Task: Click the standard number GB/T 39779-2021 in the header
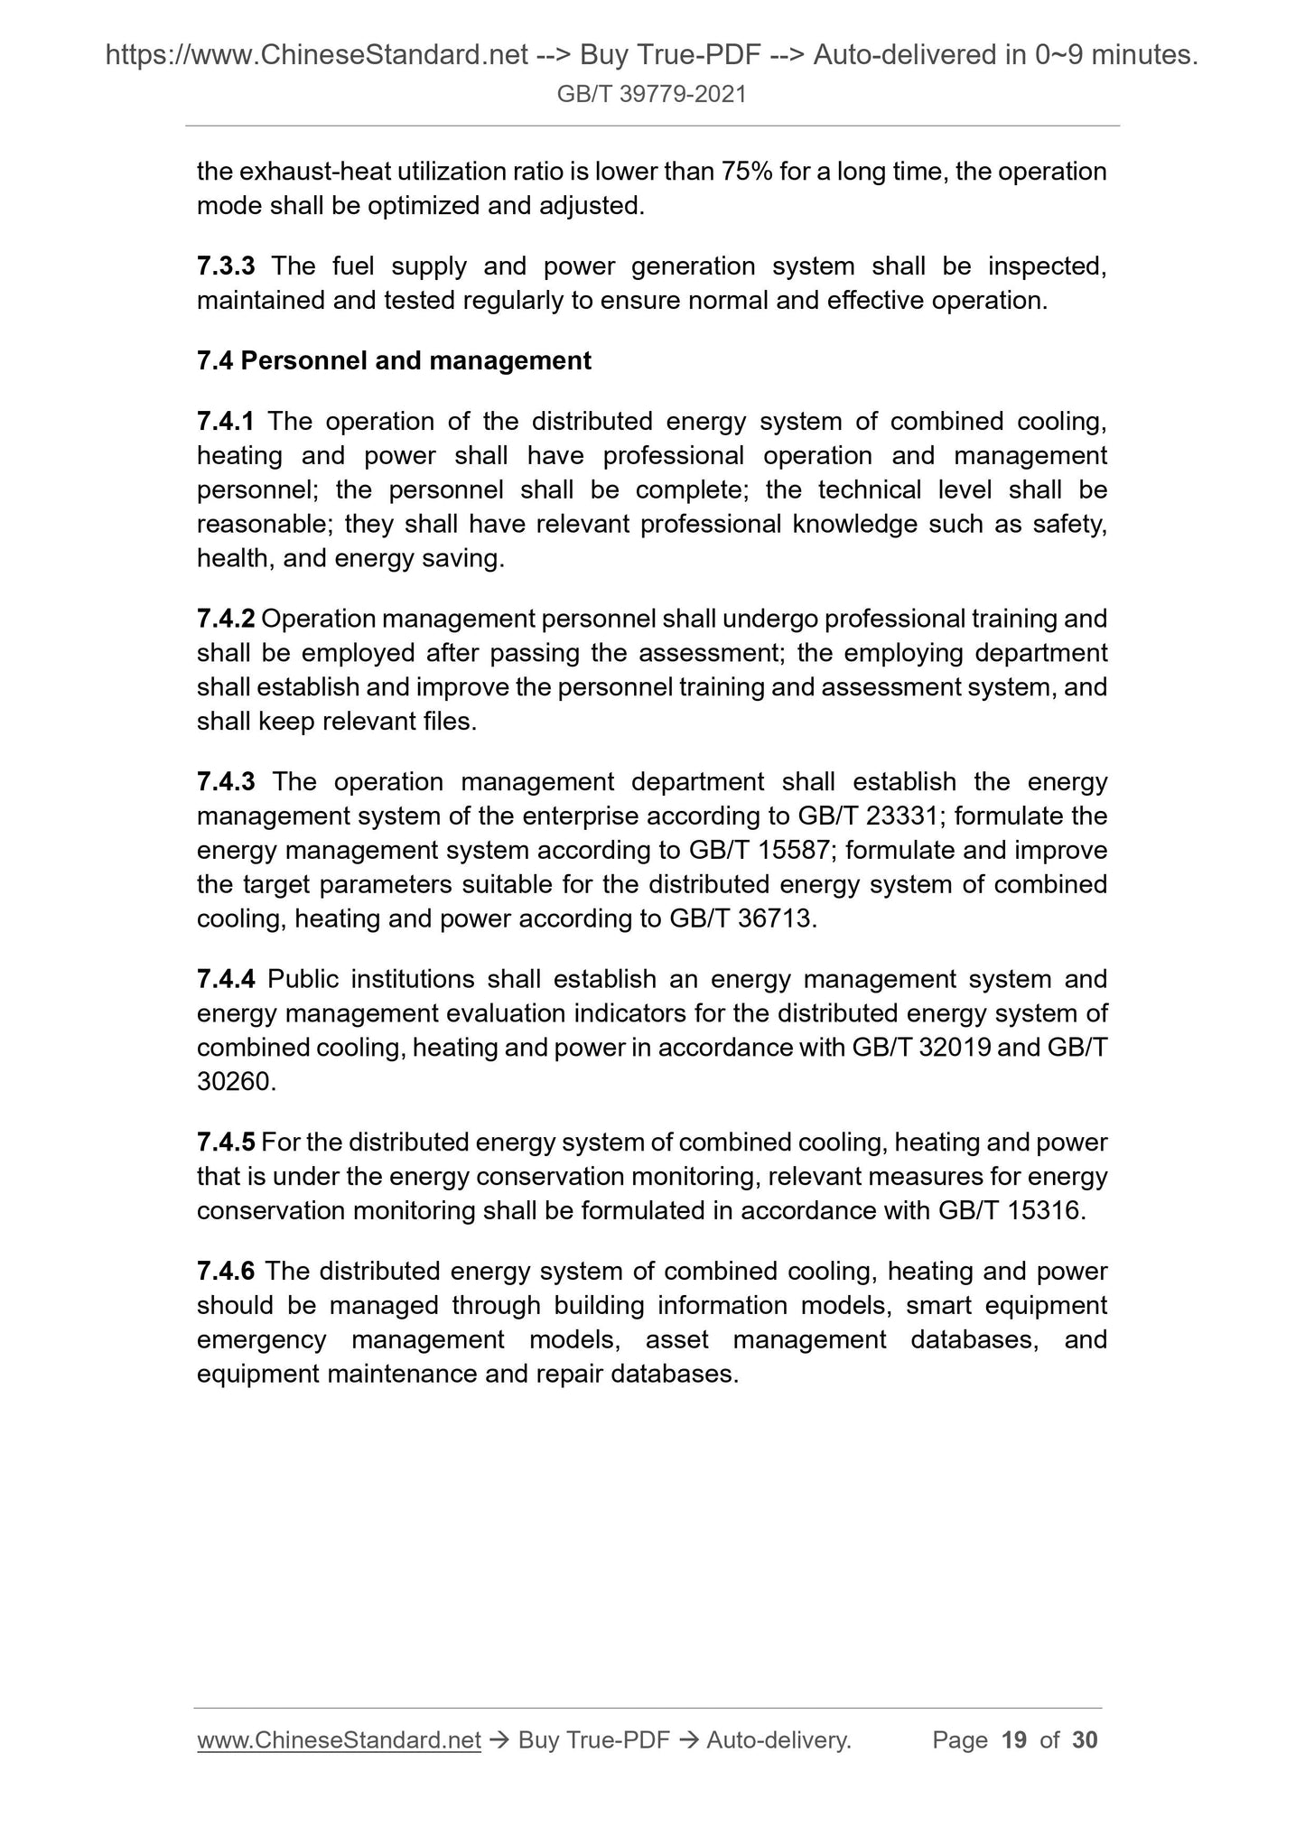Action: (651, 94)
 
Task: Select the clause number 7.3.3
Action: (226, 266)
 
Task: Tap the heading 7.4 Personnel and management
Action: (394, 361)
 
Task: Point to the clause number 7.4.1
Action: (226, 422)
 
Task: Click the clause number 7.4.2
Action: (226, 620)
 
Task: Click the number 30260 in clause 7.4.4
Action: (233, 1082)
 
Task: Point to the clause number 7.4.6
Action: (226, 1272)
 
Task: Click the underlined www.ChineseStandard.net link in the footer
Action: (339, 1740)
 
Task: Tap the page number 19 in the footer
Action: (1014, 1740)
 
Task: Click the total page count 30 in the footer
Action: (1085, 1740)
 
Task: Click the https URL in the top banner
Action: (316, 56)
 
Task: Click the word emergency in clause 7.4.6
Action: (261, 1340)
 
